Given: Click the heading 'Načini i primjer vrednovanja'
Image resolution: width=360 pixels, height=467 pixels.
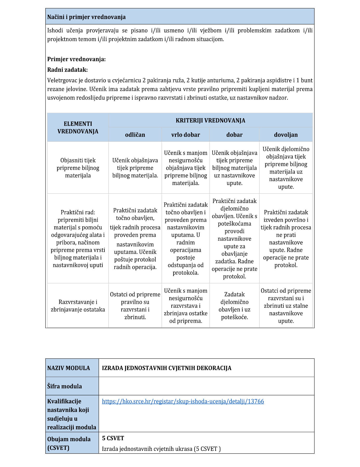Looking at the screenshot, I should point(86,17).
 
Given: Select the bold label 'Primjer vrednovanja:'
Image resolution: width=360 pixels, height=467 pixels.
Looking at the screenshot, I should point(76,59).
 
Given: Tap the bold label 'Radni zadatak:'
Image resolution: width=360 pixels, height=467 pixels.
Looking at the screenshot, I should point(68,70).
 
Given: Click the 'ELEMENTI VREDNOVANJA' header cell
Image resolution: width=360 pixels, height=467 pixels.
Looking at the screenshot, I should point(78,128).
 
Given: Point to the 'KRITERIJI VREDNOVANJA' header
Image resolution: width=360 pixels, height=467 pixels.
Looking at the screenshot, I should point(210,121).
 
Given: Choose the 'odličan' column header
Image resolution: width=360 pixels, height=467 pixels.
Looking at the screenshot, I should point(135,135).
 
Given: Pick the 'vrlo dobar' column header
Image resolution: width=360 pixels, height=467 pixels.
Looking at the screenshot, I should point(185,135).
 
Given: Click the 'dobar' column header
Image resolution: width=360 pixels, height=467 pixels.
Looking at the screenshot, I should point(234,135).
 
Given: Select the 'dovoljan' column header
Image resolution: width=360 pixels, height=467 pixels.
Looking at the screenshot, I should point(286,135).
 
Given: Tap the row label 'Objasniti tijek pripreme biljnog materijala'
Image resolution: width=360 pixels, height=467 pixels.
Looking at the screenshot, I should point(78,168).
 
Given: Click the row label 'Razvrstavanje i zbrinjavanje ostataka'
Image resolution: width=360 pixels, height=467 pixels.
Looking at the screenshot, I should point(78,306).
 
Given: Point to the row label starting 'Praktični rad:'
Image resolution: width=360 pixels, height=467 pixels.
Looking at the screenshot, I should point(78,239).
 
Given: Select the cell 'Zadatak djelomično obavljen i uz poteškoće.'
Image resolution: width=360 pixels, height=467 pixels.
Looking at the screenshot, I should point(234,306).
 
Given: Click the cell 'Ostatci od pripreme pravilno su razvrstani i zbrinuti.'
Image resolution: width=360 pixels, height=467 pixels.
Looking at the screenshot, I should point(135,306).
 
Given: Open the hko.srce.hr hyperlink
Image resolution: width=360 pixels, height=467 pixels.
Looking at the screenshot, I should point(183,402).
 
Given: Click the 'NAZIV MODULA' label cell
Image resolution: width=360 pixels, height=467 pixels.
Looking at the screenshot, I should point(69,368).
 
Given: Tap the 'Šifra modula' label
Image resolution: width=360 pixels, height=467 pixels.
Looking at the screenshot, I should point(64,386).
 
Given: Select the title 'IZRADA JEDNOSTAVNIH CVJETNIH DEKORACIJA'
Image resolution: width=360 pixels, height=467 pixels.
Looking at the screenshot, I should point(166,368).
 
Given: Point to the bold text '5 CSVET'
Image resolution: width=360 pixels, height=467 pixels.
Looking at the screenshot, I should point(113,438).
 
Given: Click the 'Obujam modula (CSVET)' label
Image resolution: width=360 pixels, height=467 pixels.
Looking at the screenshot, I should point(69,444).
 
